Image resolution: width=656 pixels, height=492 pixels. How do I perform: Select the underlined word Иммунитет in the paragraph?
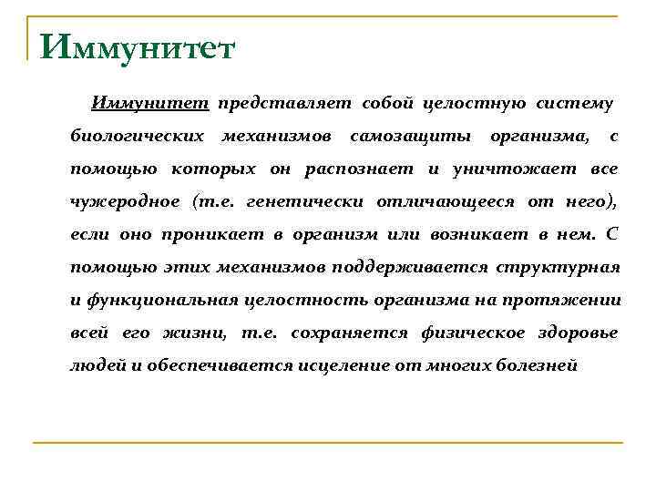151,104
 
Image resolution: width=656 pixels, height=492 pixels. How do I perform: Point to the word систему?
579,104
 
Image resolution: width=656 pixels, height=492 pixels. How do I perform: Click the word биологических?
138,137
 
